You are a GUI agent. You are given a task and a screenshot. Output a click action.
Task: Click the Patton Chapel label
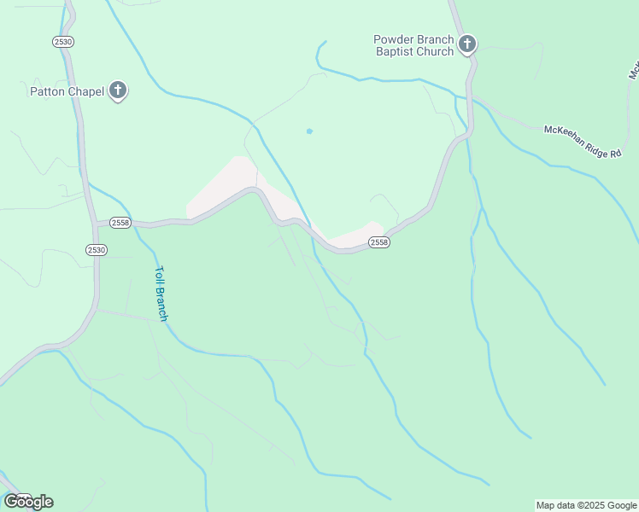[67, 91]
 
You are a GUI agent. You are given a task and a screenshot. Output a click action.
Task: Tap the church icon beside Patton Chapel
[118, 90]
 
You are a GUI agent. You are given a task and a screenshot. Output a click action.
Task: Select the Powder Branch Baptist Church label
[414, 45]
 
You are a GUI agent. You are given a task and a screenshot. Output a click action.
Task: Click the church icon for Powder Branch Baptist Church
[466, 44]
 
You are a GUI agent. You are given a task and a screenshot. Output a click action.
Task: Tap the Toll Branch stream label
[161, 294]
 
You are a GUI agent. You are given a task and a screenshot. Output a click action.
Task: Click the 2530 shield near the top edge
[62, 41]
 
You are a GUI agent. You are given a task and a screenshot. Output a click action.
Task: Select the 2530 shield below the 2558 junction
[97, 249]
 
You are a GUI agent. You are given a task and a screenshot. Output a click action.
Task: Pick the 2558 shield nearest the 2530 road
[120, 223]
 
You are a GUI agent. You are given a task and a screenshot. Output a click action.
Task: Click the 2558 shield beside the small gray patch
[379, 242]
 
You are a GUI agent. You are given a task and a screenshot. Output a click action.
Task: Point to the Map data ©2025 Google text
[586, 505]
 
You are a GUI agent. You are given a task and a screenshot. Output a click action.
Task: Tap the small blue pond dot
[309, 131]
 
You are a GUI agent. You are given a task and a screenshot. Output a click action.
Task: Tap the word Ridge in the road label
[592, 143]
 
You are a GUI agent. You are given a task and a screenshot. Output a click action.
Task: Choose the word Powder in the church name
[393, 39]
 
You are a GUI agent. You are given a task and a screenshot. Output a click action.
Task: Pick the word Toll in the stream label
[158, 276]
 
